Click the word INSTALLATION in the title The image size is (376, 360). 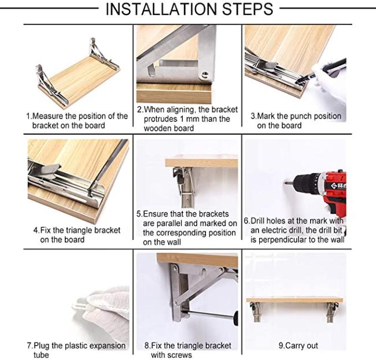pos(161,9)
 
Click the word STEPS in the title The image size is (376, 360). pos(248,9)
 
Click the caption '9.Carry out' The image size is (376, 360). pos(298,346)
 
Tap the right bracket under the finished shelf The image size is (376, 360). pos(332,312)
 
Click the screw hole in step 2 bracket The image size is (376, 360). pos(205,75)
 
